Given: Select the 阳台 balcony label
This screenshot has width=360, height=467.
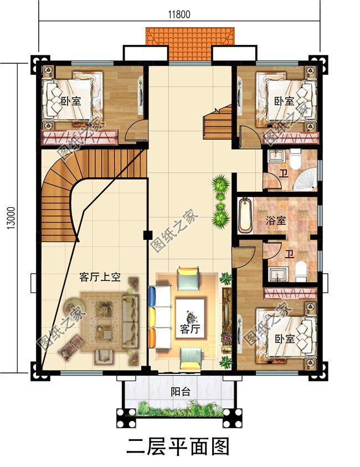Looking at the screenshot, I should pos(181,392).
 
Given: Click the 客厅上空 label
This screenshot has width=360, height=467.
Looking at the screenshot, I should pos(100,277).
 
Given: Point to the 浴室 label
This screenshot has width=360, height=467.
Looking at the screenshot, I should pos(276,220).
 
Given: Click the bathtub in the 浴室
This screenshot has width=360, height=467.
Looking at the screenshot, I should pos(244,217).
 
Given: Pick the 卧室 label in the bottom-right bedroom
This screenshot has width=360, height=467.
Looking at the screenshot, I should pos(284,339).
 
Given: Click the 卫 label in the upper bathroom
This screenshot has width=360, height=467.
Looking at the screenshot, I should pos(284,173).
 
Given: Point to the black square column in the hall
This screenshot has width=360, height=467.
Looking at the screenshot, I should pos(147,234).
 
